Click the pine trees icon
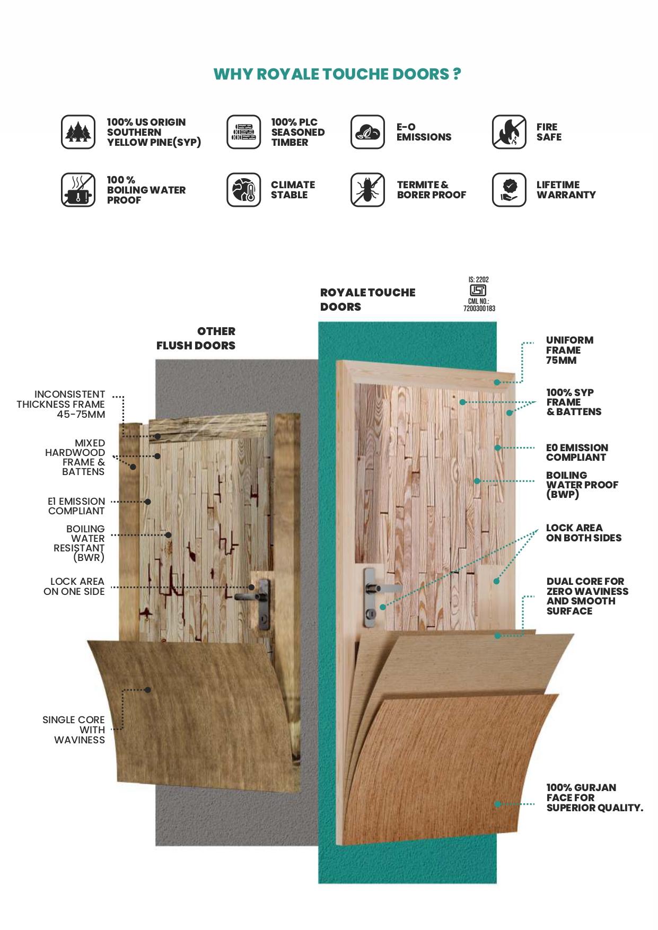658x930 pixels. (78, 132)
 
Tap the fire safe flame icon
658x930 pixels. (509, 132)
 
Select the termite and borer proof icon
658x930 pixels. (367, 190)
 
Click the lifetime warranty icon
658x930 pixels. (509, 190)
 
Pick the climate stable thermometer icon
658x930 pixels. (244, 190)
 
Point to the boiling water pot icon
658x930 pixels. (78, 190)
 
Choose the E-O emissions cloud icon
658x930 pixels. (367, 132)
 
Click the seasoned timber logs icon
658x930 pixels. (244, 132)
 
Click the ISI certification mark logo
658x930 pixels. (478, 291)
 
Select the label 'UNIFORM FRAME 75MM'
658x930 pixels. (569, 350)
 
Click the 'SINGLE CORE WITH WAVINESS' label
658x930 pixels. (74, 730)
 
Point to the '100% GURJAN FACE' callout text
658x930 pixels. (594, 797)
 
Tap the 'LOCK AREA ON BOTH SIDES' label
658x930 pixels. (583, 533)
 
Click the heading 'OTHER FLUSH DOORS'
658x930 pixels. (196, 338)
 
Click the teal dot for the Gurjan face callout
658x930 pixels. (497, 804)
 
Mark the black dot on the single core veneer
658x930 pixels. (148, 690)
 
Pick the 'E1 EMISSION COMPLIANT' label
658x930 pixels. (76, 506)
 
